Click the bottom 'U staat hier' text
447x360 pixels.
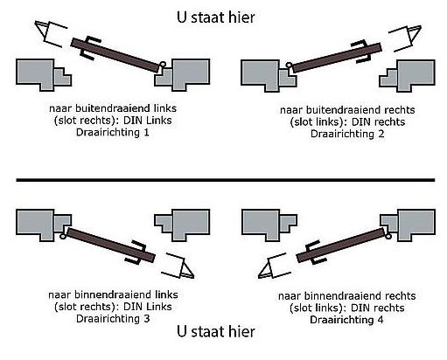point(215,332)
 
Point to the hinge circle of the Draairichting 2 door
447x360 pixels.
point(288,62)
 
